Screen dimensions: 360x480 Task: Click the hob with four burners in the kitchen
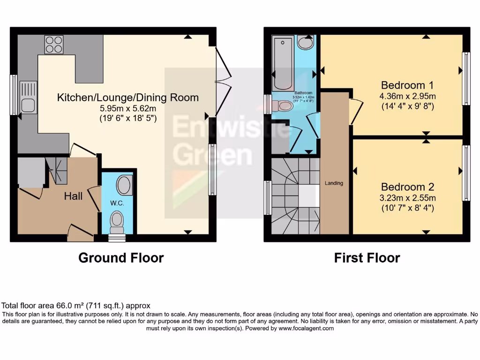click(x=54, y=44)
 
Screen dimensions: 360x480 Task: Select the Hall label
click(x=73, y=196)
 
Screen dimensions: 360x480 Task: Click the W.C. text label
click(x=116, y=203)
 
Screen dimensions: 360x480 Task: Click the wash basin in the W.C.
click(x=124, y=185)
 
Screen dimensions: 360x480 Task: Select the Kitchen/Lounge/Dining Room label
click(x=127, y=97)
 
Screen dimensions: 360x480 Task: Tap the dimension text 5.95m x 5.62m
click(x=127, y=108)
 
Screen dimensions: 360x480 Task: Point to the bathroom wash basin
click(x=306, y=43)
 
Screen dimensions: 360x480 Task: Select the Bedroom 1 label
click(x=407, y=85)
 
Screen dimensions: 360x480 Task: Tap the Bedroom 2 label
click(x=407, y=186)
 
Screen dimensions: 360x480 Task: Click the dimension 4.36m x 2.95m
click(x=407, y=97)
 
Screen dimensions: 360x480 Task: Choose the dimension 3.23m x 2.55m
click(x=407, y=197)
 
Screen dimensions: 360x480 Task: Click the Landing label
click(x=334, y=183)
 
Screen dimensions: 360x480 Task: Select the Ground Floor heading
click(x=121, y=258)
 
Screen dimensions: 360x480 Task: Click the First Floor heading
click(x=367, y=258)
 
